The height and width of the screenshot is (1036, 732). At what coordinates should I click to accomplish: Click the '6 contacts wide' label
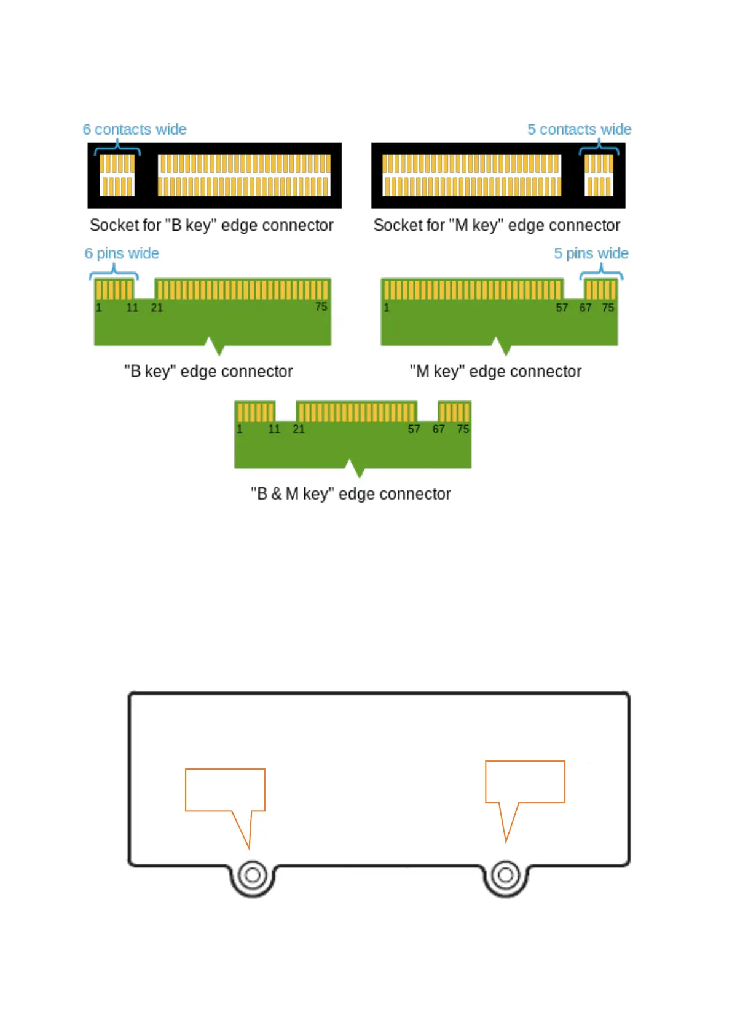point(135,130)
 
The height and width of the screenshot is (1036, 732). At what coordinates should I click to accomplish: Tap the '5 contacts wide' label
point(579,130)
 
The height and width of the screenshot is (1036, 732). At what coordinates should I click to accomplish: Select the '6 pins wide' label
point(122,253)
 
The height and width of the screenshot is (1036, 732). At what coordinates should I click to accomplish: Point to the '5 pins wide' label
point(591,253)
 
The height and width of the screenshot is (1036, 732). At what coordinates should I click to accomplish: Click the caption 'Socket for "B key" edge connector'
point(211,226)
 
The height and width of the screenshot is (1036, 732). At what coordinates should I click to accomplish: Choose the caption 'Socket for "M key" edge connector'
point(497,226)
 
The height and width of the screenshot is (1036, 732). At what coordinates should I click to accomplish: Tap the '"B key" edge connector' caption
point(208,372)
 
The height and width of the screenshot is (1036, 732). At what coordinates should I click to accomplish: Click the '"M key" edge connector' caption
point(495,372)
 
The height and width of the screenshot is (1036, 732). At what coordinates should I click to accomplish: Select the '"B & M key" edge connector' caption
point(350,494)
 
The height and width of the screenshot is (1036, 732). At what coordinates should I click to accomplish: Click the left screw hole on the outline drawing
point(253,875)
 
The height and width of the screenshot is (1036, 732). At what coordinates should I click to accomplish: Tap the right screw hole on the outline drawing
point(506,875)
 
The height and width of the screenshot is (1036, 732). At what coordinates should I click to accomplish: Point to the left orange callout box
point(225,790)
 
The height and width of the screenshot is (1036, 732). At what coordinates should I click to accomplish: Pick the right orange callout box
point(525,782)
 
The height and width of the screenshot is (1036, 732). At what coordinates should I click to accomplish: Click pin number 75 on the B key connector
point(321,307)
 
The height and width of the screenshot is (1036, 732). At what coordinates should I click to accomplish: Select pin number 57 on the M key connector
point(562,308)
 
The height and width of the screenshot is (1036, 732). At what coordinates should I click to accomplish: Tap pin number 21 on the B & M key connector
point(299,429)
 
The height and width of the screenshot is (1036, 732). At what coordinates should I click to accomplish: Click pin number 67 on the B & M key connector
point(438,429)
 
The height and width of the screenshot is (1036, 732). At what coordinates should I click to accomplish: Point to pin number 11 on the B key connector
point(132,308)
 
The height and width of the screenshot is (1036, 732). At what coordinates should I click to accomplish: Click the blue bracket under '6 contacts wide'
point(117,148)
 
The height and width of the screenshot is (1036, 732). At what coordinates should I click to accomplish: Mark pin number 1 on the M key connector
point(387,308)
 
